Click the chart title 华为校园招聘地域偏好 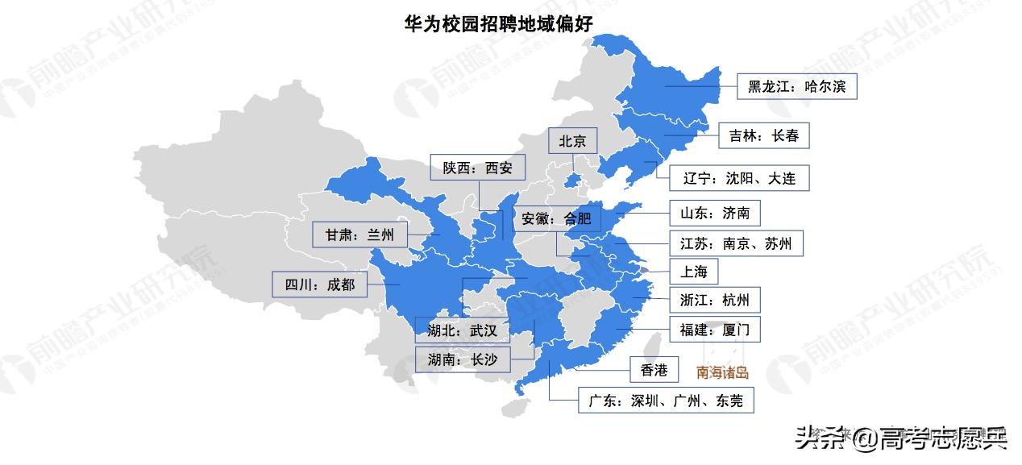coord(498,23)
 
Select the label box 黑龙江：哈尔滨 coord(796,86)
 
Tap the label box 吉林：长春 coord(763,135)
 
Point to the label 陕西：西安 coord(477,168)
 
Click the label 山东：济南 coord(714,213)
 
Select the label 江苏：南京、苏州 coord(736,243)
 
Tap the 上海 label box coord(692,272)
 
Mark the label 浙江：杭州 coord(714,301)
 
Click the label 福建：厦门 coord(714,330)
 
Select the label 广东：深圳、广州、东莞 coord(667,401)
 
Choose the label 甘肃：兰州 coord(359,235)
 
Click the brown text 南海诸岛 coord(722,372)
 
